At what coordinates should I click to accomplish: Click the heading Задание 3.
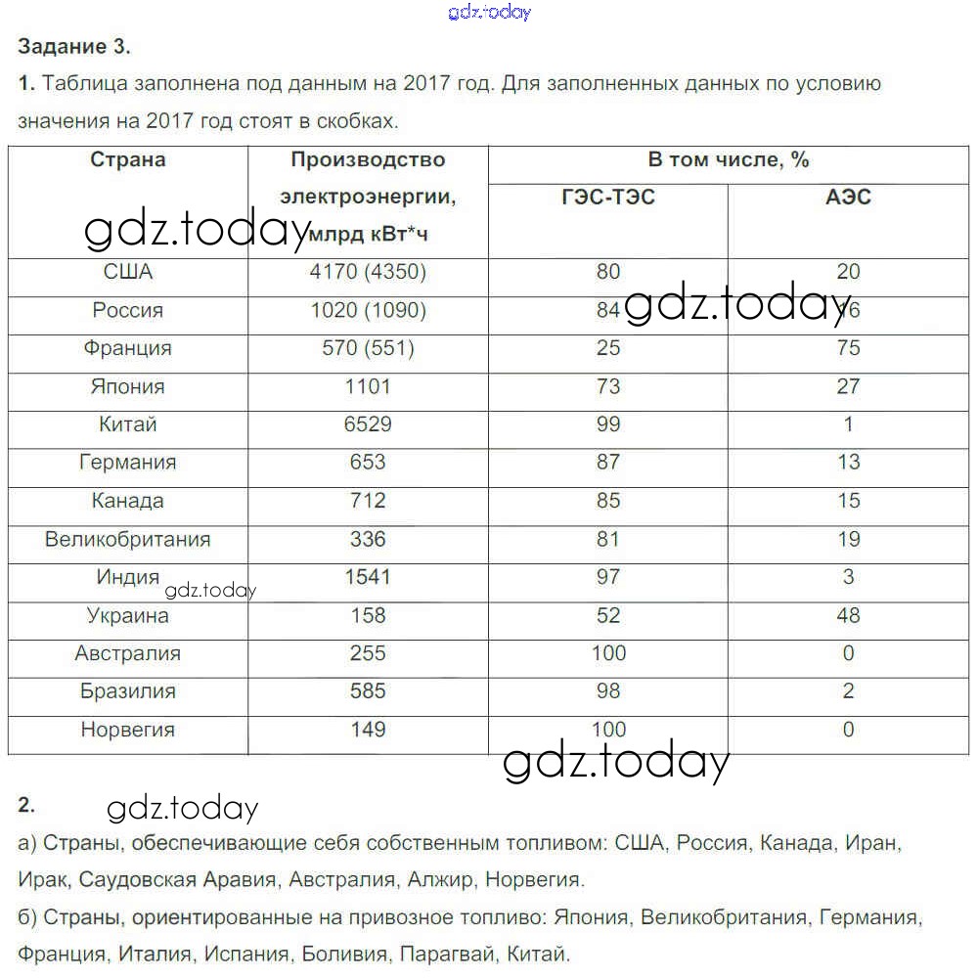[x=73, y=46]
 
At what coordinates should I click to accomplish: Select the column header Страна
[x=128, y=159]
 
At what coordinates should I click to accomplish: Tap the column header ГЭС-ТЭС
[x=608, y=198]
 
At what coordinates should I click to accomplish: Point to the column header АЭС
[x=848, y=198]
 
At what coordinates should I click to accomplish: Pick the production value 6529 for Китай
[x=367, y=424]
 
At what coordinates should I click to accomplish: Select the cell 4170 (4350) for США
[x=367, y=272]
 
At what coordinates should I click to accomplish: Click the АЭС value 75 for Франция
[x=848, y=348]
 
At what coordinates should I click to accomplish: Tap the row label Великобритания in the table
[x=128, y=539]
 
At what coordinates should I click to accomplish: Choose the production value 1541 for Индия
[x=367, y=577]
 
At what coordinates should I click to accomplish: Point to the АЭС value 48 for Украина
[x=848, y=615]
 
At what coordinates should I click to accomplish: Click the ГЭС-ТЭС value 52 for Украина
[x=608, y=615]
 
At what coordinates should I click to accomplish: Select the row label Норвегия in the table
[x=128, y=730]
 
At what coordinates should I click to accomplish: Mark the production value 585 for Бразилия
[x=367, y=691]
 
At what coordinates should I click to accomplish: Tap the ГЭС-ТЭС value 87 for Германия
[x=608, y=463]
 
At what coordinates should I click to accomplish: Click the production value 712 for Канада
[x=367, y=501]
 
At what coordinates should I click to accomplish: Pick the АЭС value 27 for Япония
[x=848, y=386]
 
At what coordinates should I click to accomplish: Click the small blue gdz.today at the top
[x=489, y=13]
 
